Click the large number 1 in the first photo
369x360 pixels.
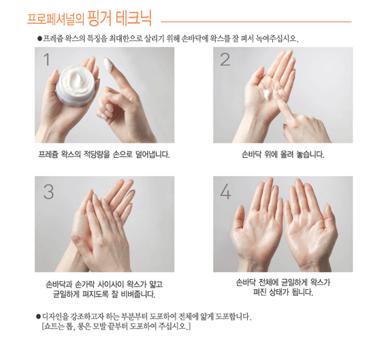coord(47,59)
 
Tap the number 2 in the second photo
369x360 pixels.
coord(225,59)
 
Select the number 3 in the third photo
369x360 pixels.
coord(49,192)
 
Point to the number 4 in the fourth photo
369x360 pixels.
coord(225,192)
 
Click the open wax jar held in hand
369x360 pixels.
coord(76,85)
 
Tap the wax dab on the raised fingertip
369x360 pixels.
coord(108,65)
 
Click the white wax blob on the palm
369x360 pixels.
coord(267,95)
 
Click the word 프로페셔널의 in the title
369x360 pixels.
coord(56,19)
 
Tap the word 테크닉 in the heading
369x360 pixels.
coord(133,18)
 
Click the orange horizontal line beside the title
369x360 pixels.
coord(256,22)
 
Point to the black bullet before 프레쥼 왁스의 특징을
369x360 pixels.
coord(39,38)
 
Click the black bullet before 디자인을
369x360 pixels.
coord(38,316)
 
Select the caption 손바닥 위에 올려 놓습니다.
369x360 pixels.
coord(283,154)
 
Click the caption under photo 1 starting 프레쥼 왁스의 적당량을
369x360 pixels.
coord(104,154)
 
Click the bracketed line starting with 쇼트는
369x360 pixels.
coord(116,327)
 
